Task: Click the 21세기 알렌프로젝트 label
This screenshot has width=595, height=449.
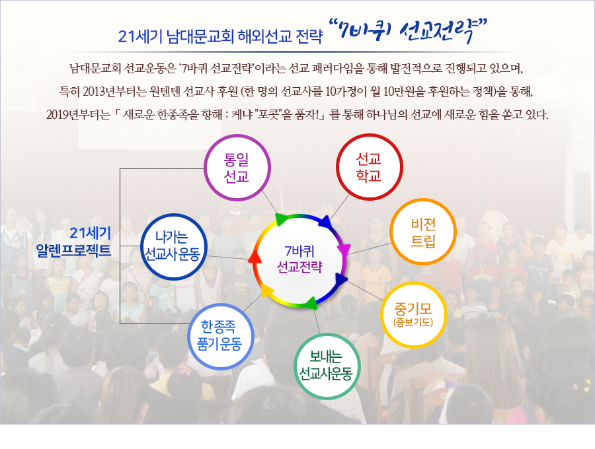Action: pyautogui.click(x=84, y=241)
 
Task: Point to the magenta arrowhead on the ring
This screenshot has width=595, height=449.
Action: pyautogui.click(x=344, y=250)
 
